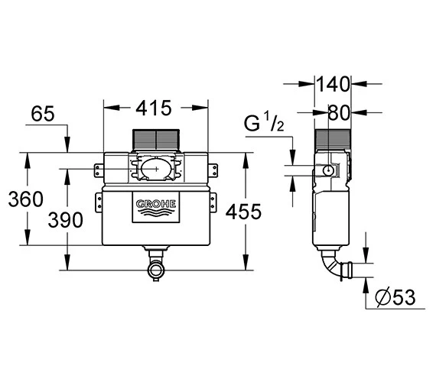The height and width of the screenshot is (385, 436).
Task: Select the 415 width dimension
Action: click(x=155, y=108)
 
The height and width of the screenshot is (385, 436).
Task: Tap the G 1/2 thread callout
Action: click(x=265, y=123)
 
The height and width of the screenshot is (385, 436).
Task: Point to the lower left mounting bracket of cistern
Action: click(x=98, y=202)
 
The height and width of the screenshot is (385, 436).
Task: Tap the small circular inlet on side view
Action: click(x=327, y=170)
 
